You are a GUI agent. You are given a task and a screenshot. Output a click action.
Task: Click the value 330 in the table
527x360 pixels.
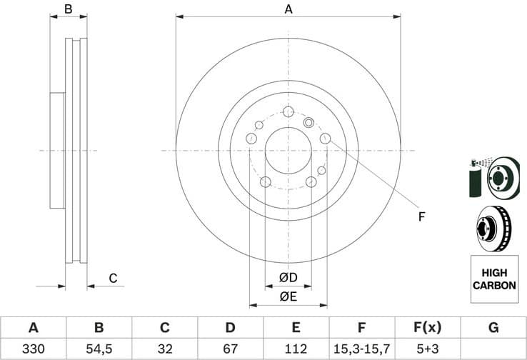pyautogui.click(x=33, y=349)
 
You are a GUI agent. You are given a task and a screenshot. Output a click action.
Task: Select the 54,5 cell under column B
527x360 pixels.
pyautogui.click(x=99, y=349)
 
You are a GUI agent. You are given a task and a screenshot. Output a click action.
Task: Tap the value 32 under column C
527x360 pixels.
pyautogui.click(x=164, y=349)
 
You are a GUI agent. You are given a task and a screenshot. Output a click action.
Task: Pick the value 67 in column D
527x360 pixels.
pyautogui.click(x=230, y=349)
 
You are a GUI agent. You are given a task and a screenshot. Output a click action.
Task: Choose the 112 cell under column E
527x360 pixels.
pyautogui.click(x=296, y=349)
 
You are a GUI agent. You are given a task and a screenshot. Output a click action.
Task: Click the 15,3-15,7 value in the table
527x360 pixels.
pyautogui.click(x=361, y=349)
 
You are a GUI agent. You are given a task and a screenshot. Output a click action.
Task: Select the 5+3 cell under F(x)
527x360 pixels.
pyautogui.click(x=427, y=349)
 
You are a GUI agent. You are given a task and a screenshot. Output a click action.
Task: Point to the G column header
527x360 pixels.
pyautogui.click(x=493, y=328)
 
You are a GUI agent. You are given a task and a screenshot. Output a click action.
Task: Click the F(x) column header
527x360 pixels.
pyautogui.click(x=427, y=328)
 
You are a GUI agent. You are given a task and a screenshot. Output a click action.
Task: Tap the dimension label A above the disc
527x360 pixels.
pyautogui.click(x=288, y=9)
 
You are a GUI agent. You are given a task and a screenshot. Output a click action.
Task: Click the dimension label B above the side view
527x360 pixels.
pyautogui.click(x=69, y=9)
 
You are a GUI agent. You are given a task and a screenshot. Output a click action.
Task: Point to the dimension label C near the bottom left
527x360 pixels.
pyautogui.click(x=112, y=279)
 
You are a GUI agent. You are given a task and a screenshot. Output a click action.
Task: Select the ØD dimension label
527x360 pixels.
pyautogui.click(x=288, y=277)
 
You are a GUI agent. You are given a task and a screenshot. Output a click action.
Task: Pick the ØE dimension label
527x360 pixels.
pyautogui.click(x=288, y=296)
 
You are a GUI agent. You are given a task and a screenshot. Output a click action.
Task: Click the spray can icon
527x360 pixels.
pyautogui.click(x=474, y=179)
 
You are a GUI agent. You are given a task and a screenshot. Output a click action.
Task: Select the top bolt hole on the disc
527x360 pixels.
pyautogui.click(x=288, y=112)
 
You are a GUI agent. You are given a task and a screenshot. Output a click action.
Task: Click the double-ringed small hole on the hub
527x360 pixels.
pyautogui.click(x=309, y=122)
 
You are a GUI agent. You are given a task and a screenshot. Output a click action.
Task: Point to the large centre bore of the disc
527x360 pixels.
pyautogui.click(x=288, y=151)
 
